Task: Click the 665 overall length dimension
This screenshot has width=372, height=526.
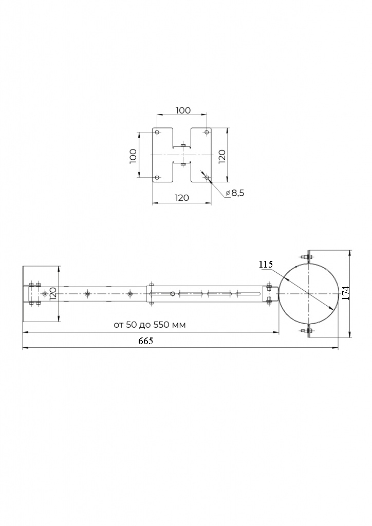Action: click(x=145, y=341)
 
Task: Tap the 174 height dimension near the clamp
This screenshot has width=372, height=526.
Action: click(x=346, y=293)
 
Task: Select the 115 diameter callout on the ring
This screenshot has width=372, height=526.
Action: click(x=266, y=265)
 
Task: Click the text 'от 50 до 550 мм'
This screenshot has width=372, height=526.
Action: click(x=150, y=325)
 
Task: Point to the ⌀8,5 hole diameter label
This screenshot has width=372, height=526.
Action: click(x=235, y=193)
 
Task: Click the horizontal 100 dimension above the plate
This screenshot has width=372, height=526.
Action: click(x=183, y=110)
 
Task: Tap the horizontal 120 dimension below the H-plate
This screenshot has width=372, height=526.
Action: click(x=182, y=198)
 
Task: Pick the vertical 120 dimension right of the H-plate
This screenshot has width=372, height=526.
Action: click(x=222, y=157)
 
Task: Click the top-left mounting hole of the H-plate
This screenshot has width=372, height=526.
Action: click(x=157, y=132)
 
